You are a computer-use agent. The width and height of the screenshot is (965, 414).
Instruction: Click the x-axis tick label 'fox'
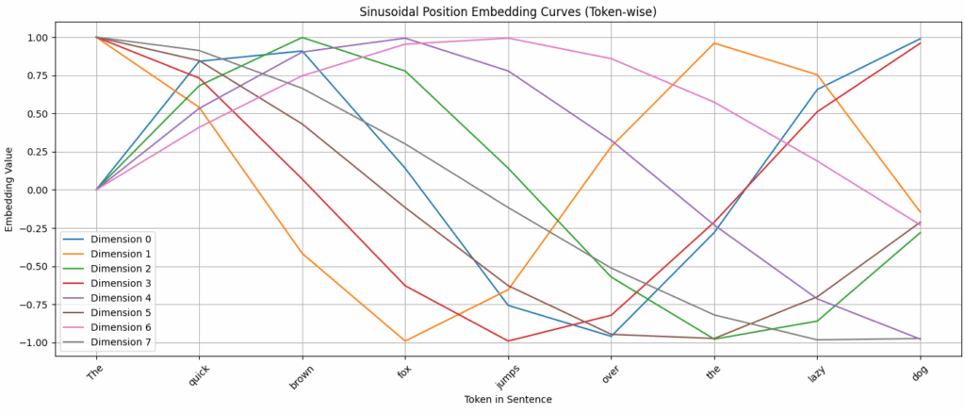pyautogui.click(x=404, y=371)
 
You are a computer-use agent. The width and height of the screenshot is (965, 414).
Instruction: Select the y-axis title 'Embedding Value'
pyautogui.click(x=10, y=190)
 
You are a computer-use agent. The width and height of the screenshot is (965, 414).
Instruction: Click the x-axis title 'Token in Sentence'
pyautogui.click(x=508, y=400)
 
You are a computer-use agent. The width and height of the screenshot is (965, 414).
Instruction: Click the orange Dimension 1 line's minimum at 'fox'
pyautogui.click(x=404, y=340)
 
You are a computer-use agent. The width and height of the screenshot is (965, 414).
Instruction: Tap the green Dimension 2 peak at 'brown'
pyautogui.click(x=302, y=38)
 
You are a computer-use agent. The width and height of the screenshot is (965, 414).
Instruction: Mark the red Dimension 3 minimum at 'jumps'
pyautogui.click(x=508, y=340)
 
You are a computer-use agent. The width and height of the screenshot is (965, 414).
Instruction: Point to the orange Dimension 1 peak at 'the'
pyautogui.click(x=714, y=43)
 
